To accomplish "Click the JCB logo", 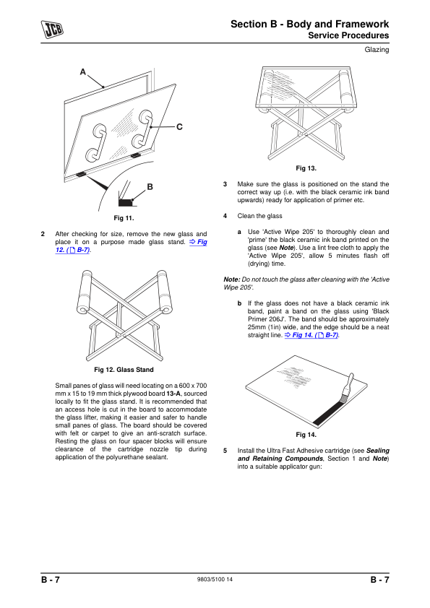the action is (52, 30).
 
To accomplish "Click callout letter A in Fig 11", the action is (82, 71).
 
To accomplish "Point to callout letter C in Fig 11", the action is (179, 127).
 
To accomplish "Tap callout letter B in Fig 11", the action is (150, 187).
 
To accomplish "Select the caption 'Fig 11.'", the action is (124, 218).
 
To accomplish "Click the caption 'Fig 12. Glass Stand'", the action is (124, 370).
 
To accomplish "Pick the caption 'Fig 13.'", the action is (306, 168).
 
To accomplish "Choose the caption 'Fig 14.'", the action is (306, 435).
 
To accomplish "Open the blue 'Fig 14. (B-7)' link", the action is (311, 335).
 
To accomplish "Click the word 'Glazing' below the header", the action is (377, 50).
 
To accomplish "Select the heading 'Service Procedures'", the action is (348, 35).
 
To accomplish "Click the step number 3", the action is (225, 184).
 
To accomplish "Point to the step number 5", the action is (225, 451).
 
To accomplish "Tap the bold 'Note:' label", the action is (232, 279).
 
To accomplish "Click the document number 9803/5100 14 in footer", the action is (215, 579).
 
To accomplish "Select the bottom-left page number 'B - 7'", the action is (51, 580).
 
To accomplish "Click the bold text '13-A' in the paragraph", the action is (173, 394).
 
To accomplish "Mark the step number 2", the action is (43, 234).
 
